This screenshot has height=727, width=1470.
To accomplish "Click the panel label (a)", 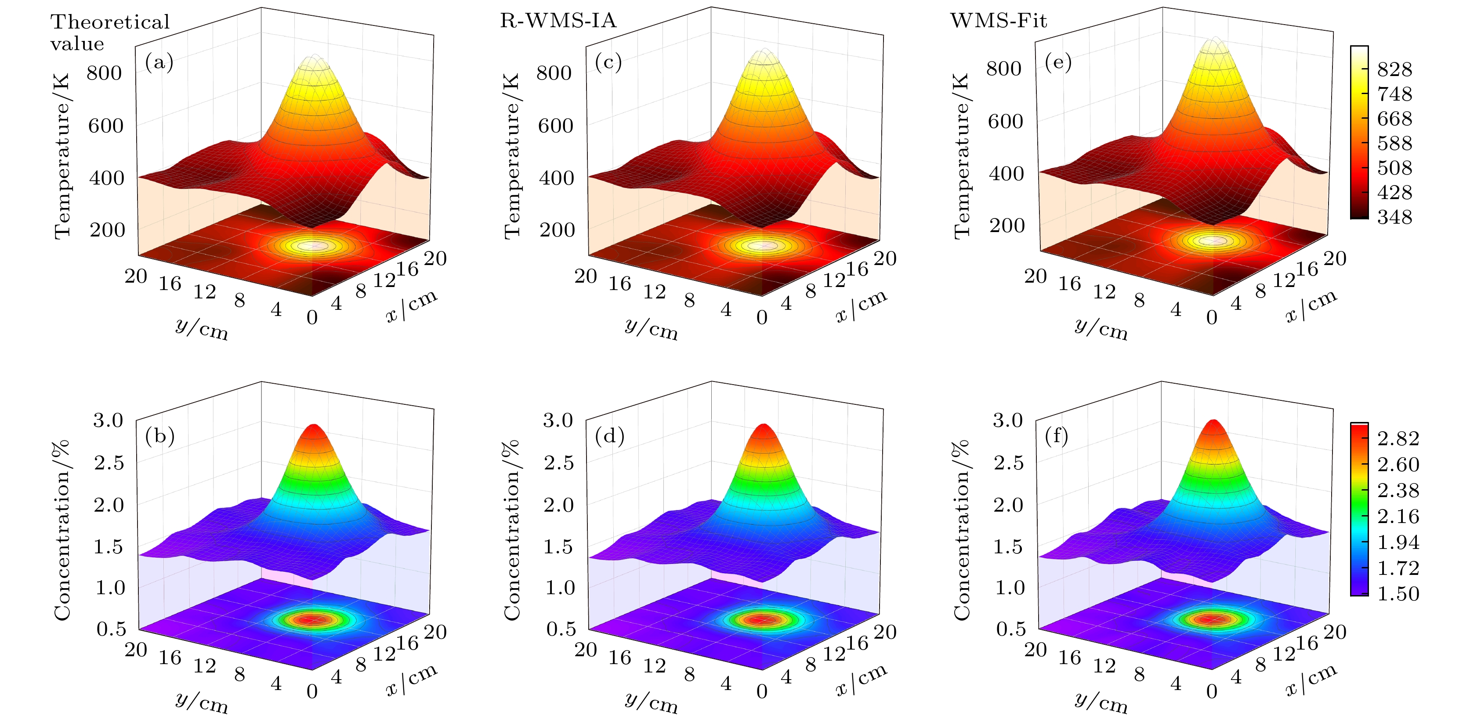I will click(x=159, y=62).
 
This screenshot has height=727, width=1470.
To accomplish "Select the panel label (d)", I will click(x=609, y=436).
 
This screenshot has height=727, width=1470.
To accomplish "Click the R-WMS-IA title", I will click(x=558, y=21).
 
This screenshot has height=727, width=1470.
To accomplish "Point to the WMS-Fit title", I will click(x=998, y=21).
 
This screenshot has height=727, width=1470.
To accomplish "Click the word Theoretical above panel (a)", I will click(x=110, y=22).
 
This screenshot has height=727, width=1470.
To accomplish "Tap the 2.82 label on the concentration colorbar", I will click(x=1398, y=438).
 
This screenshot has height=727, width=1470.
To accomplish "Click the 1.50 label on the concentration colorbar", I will click(x=1398, y=593).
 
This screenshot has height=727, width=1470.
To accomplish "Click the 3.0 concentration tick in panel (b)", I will click(x=109, y=420).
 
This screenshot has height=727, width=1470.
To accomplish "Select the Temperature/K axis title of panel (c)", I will click(x=512, y=155).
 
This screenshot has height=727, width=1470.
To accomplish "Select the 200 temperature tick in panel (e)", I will click(x=1006, y=225).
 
